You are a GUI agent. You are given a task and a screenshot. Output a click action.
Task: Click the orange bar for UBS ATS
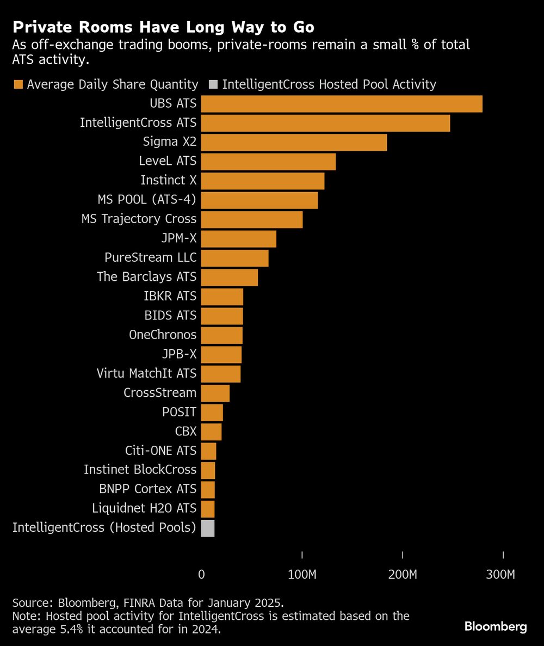click(x=342, y=104)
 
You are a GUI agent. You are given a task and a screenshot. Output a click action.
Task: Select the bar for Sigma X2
click(x=294, y=143)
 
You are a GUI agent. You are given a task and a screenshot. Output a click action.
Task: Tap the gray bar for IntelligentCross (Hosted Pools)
click(x=208, y=528)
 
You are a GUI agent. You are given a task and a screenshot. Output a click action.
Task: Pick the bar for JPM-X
click(x=239, y=239)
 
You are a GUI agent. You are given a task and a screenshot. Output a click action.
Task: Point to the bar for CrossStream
click(x=215, y=393)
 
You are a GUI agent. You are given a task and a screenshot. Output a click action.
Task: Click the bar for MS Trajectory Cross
click(x=252, y=219)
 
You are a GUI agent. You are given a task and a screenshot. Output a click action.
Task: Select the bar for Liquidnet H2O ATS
click(x=208, y=509)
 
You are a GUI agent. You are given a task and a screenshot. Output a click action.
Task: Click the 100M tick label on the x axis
click(x=302, y=575)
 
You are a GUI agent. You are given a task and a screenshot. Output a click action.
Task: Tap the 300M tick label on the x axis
click(x=500, y=575)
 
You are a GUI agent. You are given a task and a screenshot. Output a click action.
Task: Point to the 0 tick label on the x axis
click(x=201, y=575)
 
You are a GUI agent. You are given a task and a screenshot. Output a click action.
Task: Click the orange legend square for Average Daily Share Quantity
click(x=18, y=84)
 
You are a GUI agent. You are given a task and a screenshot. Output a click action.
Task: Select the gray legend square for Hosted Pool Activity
click(x=213, y=84)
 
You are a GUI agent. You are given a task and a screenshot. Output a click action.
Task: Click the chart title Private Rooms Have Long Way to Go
click(x=164, y=27)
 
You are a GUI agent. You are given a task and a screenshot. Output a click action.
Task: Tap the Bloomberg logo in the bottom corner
click(x=496, y=627)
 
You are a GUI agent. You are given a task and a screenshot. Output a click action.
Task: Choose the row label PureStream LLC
click(x=151, y=257)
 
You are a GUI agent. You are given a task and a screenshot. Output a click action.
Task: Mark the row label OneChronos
click(x=163, y=335)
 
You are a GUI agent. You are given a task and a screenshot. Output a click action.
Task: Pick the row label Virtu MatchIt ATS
click(x=146, y=373)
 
